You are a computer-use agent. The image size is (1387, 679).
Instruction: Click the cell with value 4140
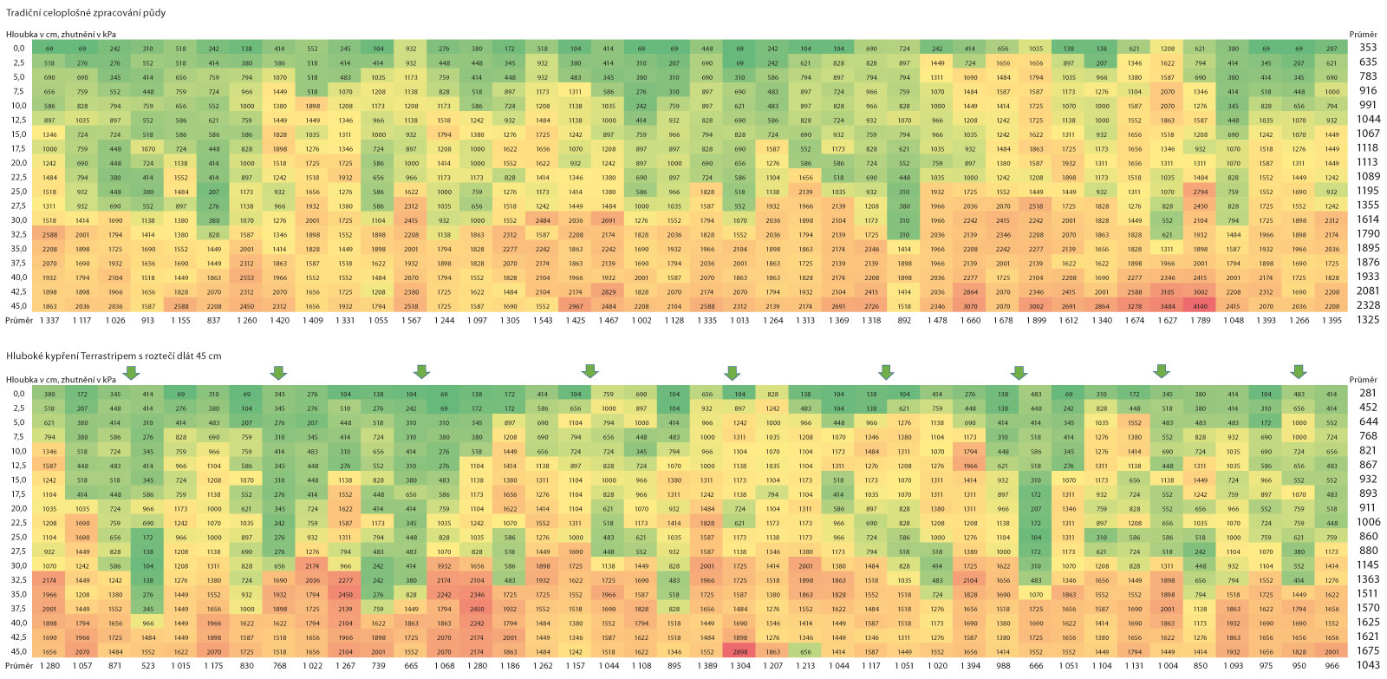pos(1200,306)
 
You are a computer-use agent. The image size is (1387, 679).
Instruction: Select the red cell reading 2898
pos(739,651)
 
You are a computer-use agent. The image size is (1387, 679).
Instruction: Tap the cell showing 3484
pos(1167,306)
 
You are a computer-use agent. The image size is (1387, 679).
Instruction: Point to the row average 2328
pos(1368,306)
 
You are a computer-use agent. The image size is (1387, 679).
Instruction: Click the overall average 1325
pos(1368,320)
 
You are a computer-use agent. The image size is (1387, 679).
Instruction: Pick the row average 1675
pos(1368,651)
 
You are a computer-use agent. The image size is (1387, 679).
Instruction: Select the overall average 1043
pos(1368,665)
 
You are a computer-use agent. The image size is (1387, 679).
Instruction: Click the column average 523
pos(147,665)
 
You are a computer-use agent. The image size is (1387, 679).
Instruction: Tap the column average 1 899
pos(1036,320)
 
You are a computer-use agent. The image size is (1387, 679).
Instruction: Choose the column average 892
pos(904,320)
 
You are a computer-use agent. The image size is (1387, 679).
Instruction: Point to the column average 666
pos(1035,665)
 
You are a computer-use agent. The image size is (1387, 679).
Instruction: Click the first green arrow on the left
pos(131,372)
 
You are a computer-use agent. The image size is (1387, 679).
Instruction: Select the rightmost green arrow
pos(1298,372)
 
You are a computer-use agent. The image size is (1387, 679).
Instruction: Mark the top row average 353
pos(1368,48)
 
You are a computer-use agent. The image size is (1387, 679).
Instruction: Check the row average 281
pos(1368,394)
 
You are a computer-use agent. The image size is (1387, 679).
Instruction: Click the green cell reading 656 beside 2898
pos(805,651)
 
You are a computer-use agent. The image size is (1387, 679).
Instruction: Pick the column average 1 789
pos(1200,320)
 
